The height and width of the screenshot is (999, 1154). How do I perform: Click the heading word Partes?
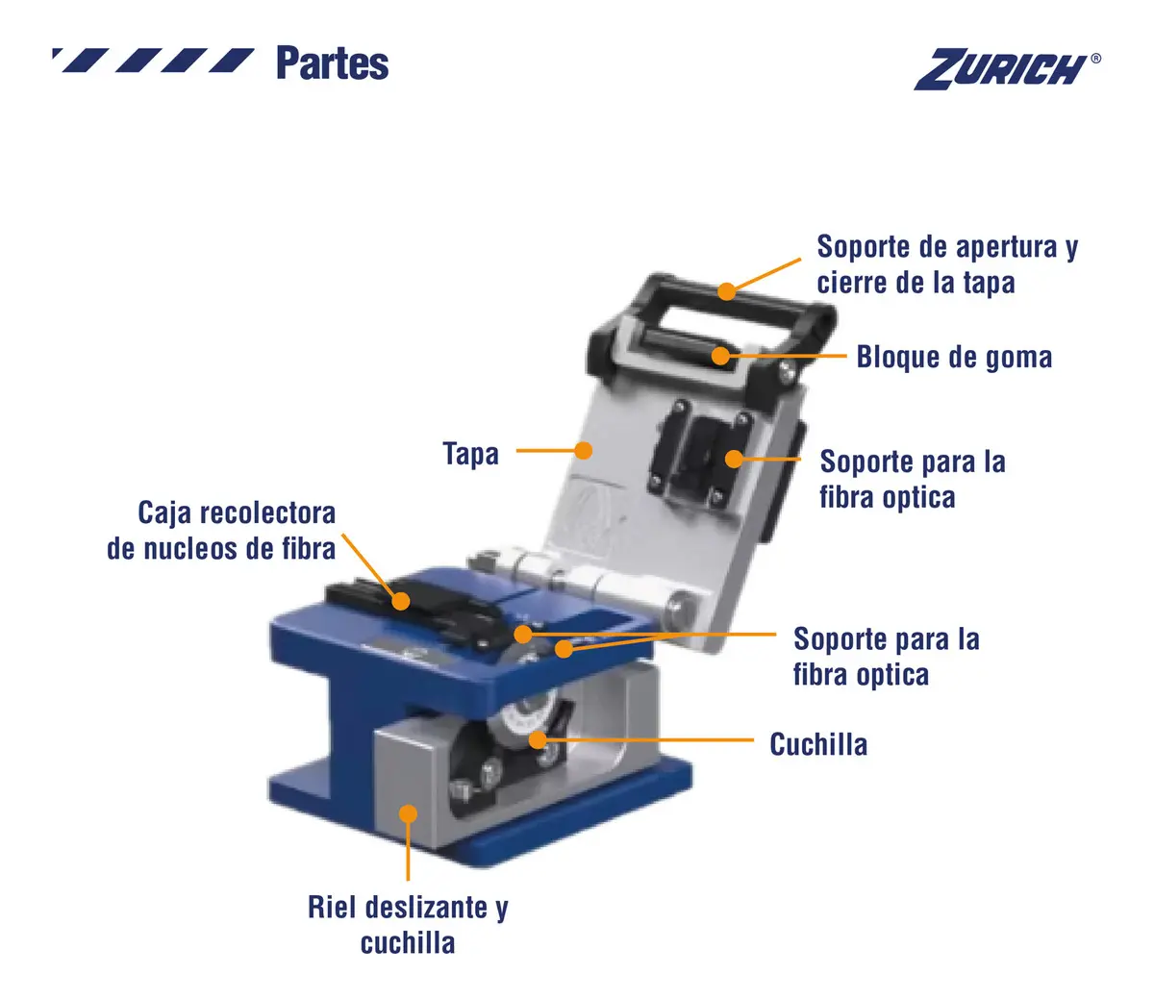tap(332, 63)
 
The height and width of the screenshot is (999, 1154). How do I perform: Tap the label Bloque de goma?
tap(954, 357)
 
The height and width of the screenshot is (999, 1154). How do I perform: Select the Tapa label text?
tap(470, 453)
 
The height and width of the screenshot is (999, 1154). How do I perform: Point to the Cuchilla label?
tap(818, 744)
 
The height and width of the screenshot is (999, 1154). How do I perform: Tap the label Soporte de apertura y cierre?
tap(947, 264)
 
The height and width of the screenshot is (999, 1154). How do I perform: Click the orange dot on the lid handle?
tap(726, 291)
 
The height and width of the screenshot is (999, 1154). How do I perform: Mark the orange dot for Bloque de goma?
tap(720, 356)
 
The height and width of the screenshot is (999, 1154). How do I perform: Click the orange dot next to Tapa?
tap(584, 450)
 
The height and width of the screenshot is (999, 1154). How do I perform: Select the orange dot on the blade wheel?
tap(538, 740)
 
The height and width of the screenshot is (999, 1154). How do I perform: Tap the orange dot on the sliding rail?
tap(408, 813)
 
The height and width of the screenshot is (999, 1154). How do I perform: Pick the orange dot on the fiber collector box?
tap(400, 601)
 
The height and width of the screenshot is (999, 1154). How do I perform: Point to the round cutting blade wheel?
tap(525, 720)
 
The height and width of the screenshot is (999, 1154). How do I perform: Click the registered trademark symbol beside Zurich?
tap(1095, 59)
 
